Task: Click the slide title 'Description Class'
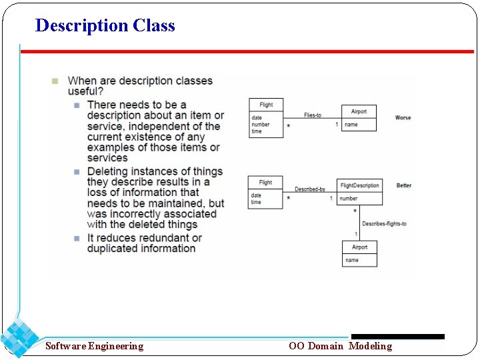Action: click(105, 25)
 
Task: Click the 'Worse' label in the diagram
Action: click(403, 118)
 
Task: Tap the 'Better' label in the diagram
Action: click(404, 185)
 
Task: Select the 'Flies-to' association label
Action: click(313, 115)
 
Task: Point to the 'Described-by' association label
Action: click(310, 189)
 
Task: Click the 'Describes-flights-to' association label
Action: click(384, 224)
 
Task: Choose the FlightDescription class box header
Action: click(360, 185)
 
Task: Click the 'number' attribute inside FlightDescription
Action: click(349, 198)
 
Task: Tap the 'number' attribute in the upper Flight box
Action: click(261, 125)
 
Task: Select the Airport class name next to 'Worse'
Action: click(359, 111)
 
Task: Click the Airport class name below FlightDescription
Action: click(360, 247)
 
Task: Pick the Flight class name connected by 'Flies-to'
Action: click(266, 105)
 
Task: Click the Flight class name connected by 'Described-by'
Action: click(265, 182)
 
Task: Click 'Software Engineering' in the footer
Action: click(94, 346)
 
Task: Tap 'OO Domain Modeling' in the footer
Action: click(340, 346)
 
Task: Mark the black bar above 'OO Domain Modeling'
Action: click(397, 337)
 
